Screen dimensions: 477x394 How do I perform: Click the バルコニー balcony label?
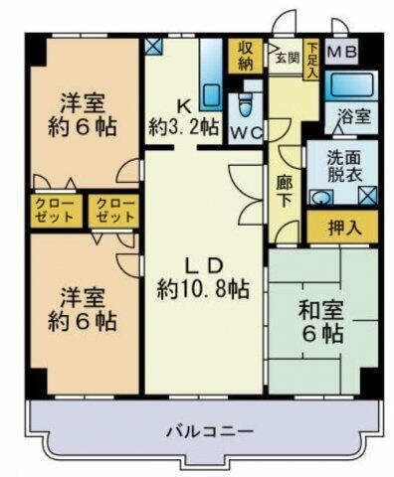click(x=209, y=432)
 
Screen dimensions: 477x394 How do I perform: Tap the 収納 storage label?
click(x=243, y=57)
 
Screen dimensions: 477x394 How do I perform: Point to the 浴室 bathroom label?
click(x=355, y=115)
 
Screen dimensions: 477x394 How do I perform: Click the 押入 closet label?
click(x=341, y=228)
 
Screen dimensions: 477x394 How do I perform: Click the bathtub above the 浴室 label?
click(x=353, y=83)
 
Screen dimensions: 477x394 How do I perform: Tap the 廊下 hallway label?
click(x=283, y=187)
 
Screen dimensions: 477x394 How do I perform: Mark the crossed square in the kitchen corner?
click(x=152, y=46)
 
